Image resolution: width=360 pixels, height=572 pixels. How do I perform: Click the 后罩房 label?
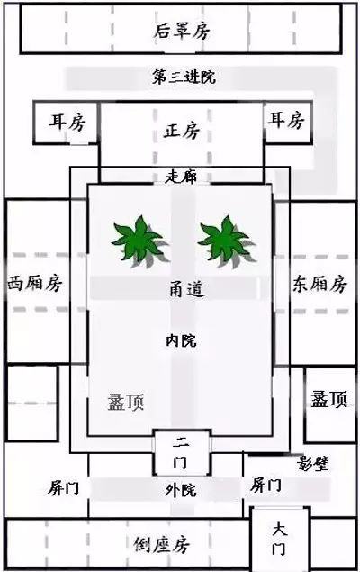pyautogui.click(x=182, y=31)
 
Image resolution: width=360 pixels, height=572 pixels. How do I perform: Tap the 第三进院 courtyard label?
pyautogui.click(x=184, y=77)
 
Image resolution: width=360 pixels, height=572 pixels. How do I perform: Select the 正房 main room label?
pyautogui.click(x=182, y=131)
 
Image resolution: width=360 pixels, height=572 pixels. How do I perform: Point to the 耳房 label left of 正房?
pyautogui.click(x=67, y=122)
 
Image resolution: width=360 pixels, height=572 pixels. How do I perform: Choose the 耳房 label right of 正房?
pyautogui.click(x=286, y=120)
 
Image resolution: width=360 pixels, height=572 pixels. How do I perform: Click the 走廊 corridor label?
pyautogui.click(x=181, y=177)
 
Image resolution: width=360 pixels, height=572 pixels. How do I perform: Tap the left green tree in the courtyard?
pyautogui.click(x=139, y=241)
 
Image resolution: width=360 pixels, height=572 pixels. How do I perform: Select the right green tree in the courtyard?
pyautogui.click(x=226, y=241)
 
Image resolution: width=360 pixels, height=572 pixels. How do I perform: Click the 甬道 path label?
pyautogui.click(x=187, y=289)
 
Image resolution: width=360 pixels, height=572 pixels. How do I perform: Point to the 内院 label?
pyautogui.click(x=181, y=340)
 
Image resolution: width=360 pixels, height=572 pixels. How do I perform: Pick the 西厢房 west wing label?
pyautogui.click(x=35, y=284)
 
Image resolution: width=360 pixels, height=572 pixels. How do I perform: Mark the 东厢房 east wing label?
pyautogui.click(x=319, y=284)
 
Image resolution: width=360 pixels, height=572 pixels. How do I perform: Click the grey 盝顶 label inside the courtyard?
pyautogui.click(x=126, y=402)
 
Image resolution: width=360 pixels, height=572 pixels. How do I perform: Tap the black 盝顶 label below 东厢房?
pyautogui.click(x=329, y=399)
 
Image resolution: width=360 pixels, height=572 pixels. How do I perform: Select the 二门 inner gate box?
pyautogui.click(x=182, y=453)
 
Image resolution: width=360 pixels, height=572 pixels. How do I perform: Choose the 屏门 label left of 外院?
pyautogui.click(x=63, y=487)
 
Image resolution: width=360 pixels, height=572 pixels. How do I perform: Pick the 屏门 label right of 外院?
pyautogui.click(x=266, y=486)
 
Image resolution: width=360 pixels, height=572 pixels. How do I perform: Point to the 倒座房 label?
pyautogui.click(x=161, y=545)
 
